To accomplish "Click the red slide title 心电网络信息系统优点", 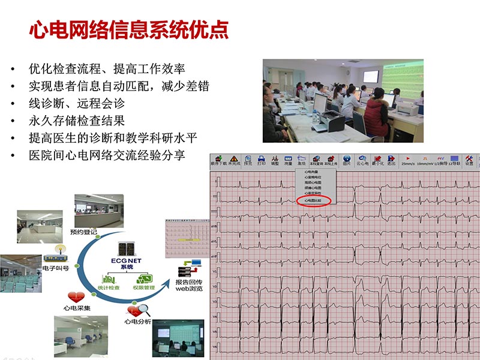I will click(129, 30).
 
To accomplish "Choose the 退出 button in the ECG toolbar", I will click(391, 159).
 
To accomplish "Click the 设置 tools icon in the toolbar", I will click(469, 159).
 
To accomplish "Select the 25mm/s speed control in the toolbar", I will click(407, 159).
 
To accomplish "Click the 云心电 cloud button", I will click(362, 159).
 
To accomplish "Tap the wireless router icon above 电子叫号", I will click(59, 250).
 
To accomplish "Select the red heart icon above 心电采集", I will click(76, 296).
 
